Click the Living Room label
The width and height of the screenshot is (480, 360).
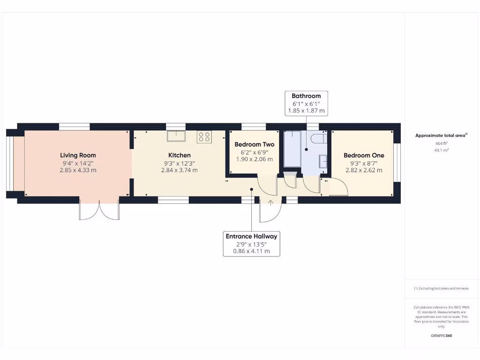tap(78, 155)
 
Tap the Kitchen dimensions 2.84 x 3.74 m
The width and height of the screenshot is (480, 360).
tap(179, 170)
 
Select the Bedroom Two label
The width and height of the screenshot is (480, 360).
tap(255, 144)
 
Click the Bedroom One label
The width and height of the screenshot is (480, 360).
tap(364, 155)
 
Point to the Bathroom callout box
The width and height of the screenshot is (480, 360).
tap(306, 103)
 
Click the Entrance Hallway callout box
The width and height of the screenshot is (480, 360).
tap(251, 243)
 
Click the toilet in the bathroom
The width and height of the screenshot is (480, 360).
tap(317, 140)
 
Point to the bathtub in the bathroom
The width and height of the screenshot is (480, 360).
tap(292, 149)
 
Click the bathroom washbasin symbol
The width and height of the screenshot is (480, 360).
tap(323, 161)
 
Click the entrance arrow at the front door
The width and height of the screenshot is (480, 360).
tap(270, 203)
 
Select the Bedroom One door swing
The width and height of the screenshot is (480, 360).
tap(338, 187)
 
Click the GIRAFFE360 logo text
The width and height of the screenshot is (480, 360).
tap(441, 336)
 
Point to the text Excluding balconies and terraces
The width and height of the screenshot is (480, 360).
tap(441, 288)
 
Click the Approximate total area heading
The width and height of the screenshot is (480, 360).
tap(440, 135)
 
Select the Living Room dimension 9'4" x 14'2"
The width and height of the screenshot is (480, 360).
tap(78, 163)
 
